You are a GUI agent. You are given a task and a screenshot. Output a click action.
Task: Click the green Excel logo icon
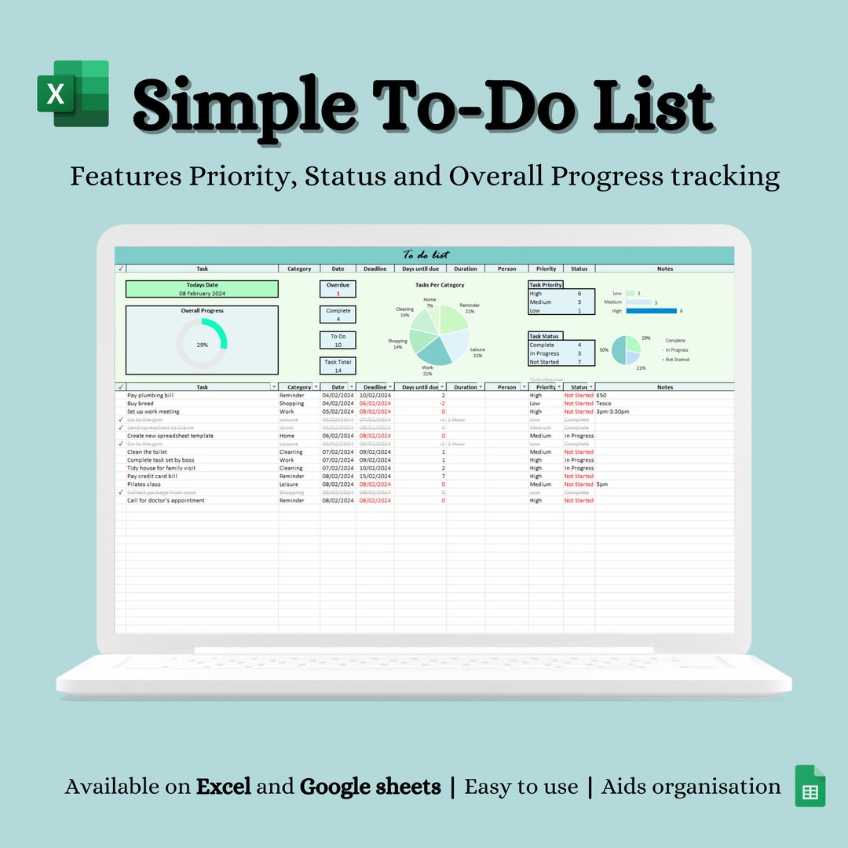73,93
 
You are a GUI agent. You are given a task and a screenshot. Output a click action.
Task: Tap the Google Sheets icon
810,786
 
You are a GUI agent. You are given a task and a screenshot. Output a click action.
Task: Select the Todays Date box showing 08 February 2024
202,289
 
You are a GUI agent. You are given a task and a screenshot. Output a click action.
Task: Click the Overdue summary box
338,289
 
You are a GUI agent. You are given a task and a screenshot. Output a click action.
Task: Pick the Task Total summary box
338,366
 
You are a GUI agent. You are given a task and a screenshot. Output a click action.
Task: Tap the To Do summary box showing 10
338,340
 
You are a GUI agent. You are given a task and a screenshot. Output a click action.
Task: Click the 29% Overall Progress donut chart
202,344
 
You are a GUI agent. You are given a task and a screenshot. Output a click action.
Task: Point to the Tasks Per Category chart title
440,285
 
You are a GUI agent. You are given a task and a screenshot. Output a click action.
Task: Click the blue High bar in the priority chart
651,311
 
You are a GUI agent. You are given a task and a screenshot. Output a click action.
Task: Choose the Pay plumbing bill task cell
151,396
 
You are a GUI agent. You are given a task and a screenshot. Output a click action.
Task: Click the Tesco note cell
604,404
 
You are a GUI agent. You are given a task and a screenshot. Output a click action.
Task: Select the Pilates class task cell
144,484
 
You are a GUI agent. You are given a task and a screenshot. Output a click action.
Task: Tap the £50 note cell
601,396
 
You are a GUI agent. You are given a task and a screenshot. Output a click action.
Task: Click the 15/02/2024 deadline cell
375,476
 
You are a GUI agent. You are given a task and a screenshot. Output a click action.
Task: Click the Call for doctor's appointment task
166,500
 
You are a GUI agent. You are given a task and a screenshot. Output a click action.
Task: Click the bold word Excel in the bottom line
224,787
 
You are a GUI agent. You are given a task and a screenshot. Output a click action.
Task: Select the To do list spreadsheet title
424,254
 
